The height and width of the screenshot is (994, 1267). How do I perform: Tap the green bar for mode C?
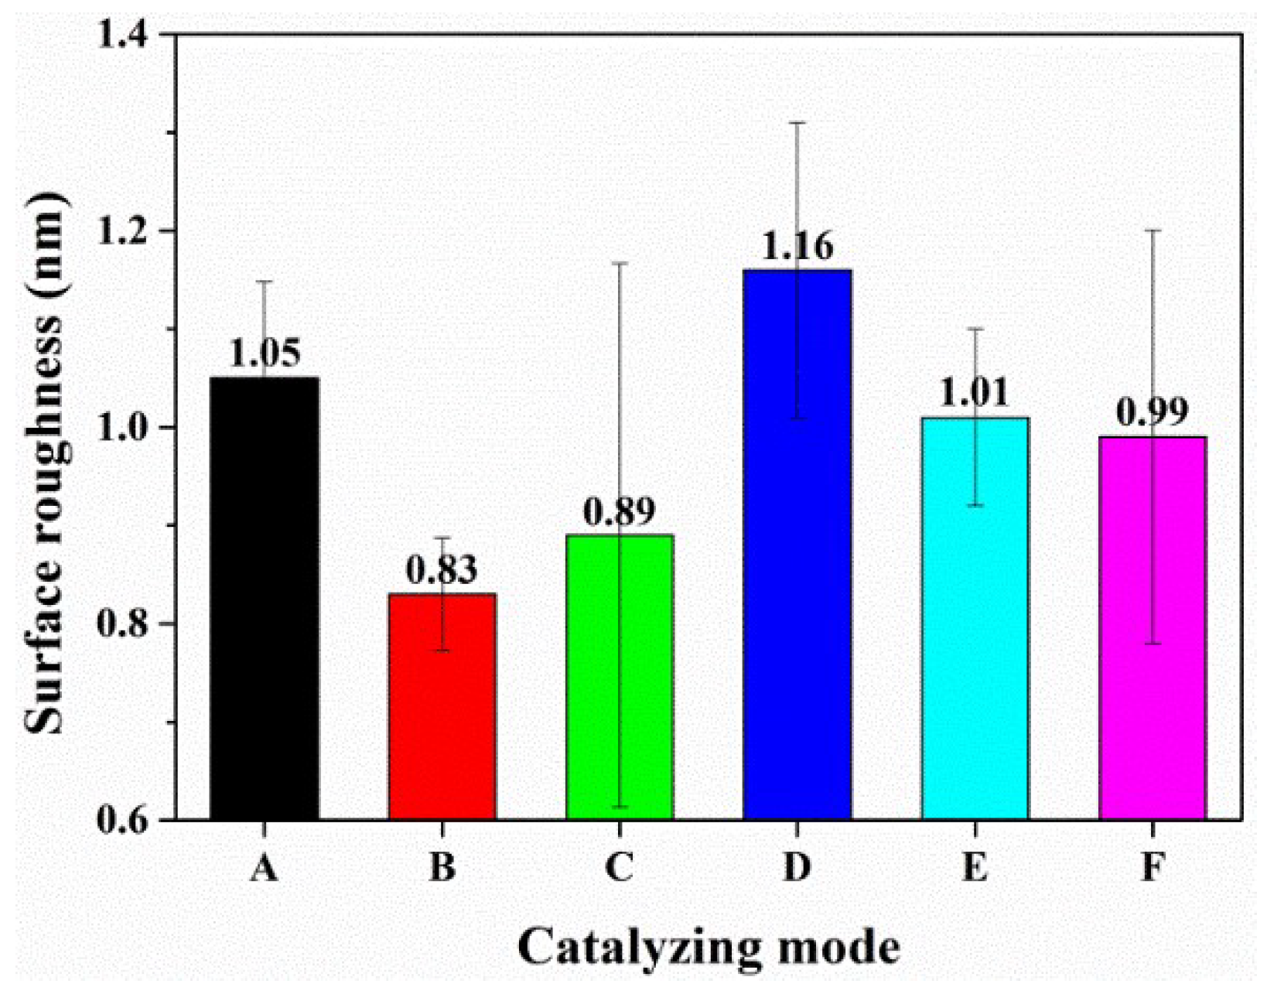point(619,676)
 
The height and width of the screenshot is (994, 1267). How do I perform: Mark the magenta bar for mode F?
point(1152,627)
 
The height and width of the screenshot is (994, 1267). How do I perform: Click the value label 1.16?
point(797,247)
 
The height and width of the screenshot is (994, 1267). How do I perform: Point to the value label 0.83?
point(442,571)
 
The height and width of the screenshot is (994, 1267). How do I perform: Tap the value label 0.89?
point(619,511)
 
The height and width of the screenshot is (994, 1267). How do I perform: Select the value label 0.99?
point(1152,413)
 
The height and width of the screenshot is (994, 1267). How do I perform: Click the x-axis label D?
point(797,868)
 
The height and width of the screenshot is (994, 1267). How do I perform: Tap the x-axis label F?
point(1152,868)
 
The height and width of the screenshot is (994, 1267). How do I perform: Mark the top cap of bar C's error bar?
point(619,263)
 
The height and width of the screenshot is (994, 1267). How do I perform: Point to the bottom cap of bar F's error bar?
point(1152,643)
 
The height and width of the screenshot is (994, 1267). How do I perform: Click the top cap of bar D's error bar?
point(797,122)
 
